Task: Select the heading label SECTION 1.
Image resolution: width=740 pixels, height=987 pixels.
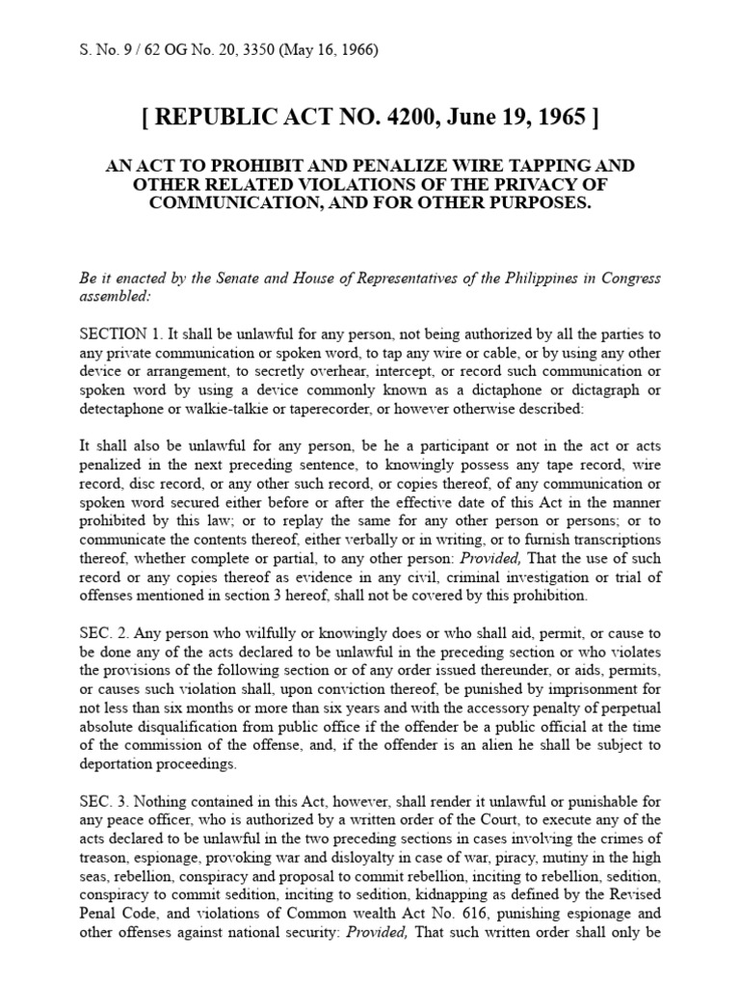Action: pos(121,334)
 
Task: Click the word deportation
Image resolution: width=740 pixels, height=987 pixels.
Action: pos(126,763)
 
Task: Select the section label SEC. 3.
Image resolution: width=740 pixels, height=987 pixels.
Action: pos(104,801)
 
